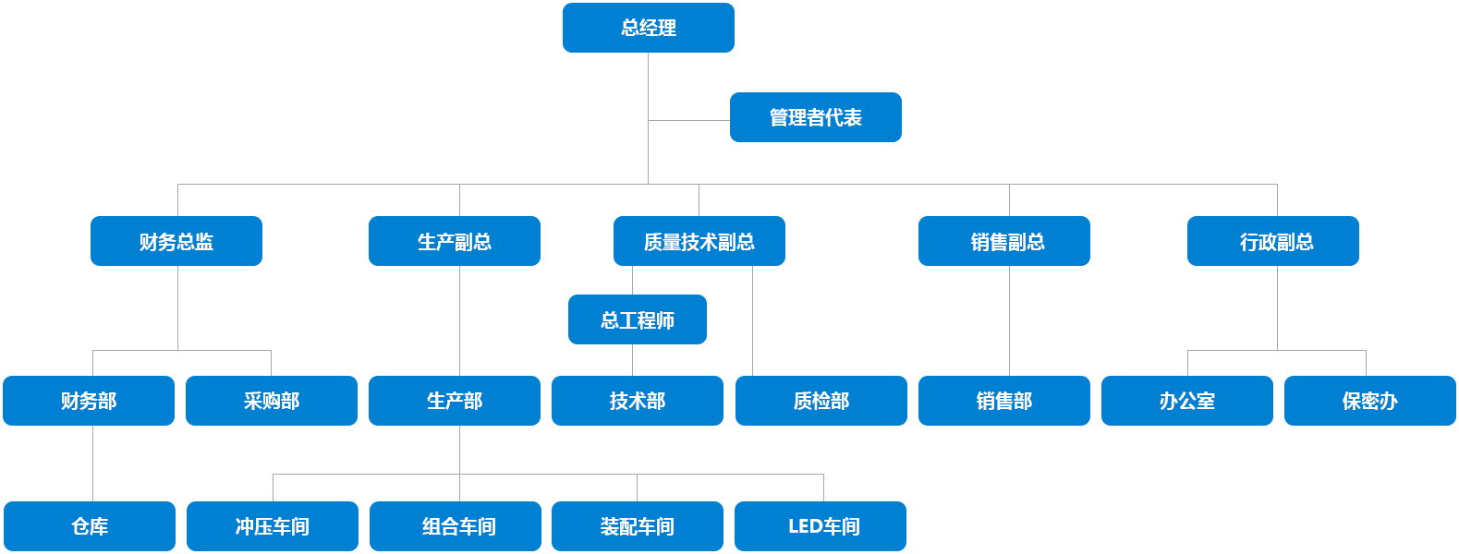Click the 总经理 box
(648, 28)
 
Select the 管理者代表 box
(815, 117)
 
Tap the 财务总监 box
(176, 241)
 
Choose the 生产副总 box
(454, 241)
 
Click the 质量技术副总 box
(699, 241)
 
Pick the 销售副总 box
(1003, 241)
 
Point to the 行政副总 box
(1272, 241)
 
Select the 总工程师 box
(637, 319)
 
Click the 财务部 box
(89, 400)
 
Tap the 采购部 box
(271, 400)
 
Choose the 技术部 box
(637, 400)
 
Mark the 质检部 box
(821, 400)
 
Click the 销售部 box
(1003, 400)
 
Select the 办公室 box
(1186, 400)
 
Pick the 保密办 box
(1369, 400)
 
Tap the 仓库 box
(90, 525)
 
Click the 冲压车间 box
(272, 525)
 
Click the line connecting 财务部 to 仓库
(92, 463)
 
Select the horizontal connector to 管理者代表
(688, 119)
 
